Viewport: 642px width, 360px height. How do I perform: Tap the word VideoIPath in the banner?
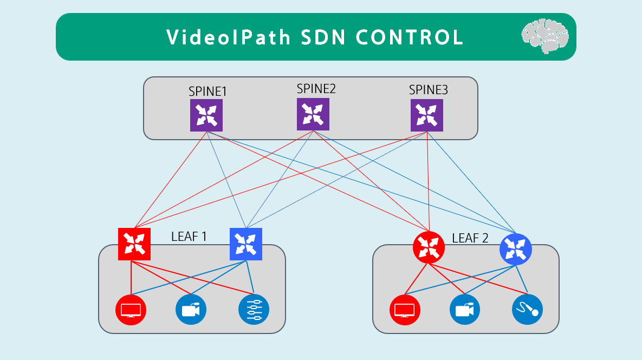pos(228,37)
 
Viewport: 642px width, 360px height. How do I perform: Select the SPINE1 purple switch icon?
pos(206,115)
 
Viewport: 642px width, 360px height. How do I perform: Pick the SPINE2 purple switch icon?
pos(313,114)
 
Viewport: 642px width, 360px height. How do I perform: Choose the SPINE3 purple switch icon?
pos(427,115)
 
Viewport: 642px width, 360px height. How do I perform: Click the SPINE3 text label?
pos(428,90)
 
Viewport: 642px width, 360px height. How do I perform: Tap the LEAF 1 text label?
pos(190,237)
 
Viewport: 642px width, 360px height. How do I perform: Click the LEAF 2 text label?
pos(470,238)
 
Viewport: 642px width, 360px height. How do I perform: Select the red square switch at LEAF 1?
pos(134,244)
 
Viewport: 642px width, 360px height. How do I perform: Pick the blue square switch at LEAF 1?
pos(246,244)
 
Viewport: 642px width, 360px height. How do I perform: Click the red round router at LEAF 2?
pos(429,247)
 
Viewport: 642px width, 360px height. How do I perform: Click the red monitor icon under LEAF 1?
pos(131,310)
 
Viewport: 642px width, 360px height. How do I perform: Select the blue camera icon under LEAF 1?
pos(191,310)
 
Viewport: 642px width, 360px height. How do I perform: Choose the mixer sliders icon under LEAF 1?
pos(254,310)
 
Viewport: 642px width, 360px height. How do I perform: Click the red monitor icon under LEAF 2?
pos(405,310)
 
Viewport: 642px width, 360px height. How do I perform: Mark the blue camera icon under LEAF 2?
pos(465,310)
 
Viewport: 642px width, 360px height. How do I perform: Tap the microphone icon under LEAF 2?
pos(528,310)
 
